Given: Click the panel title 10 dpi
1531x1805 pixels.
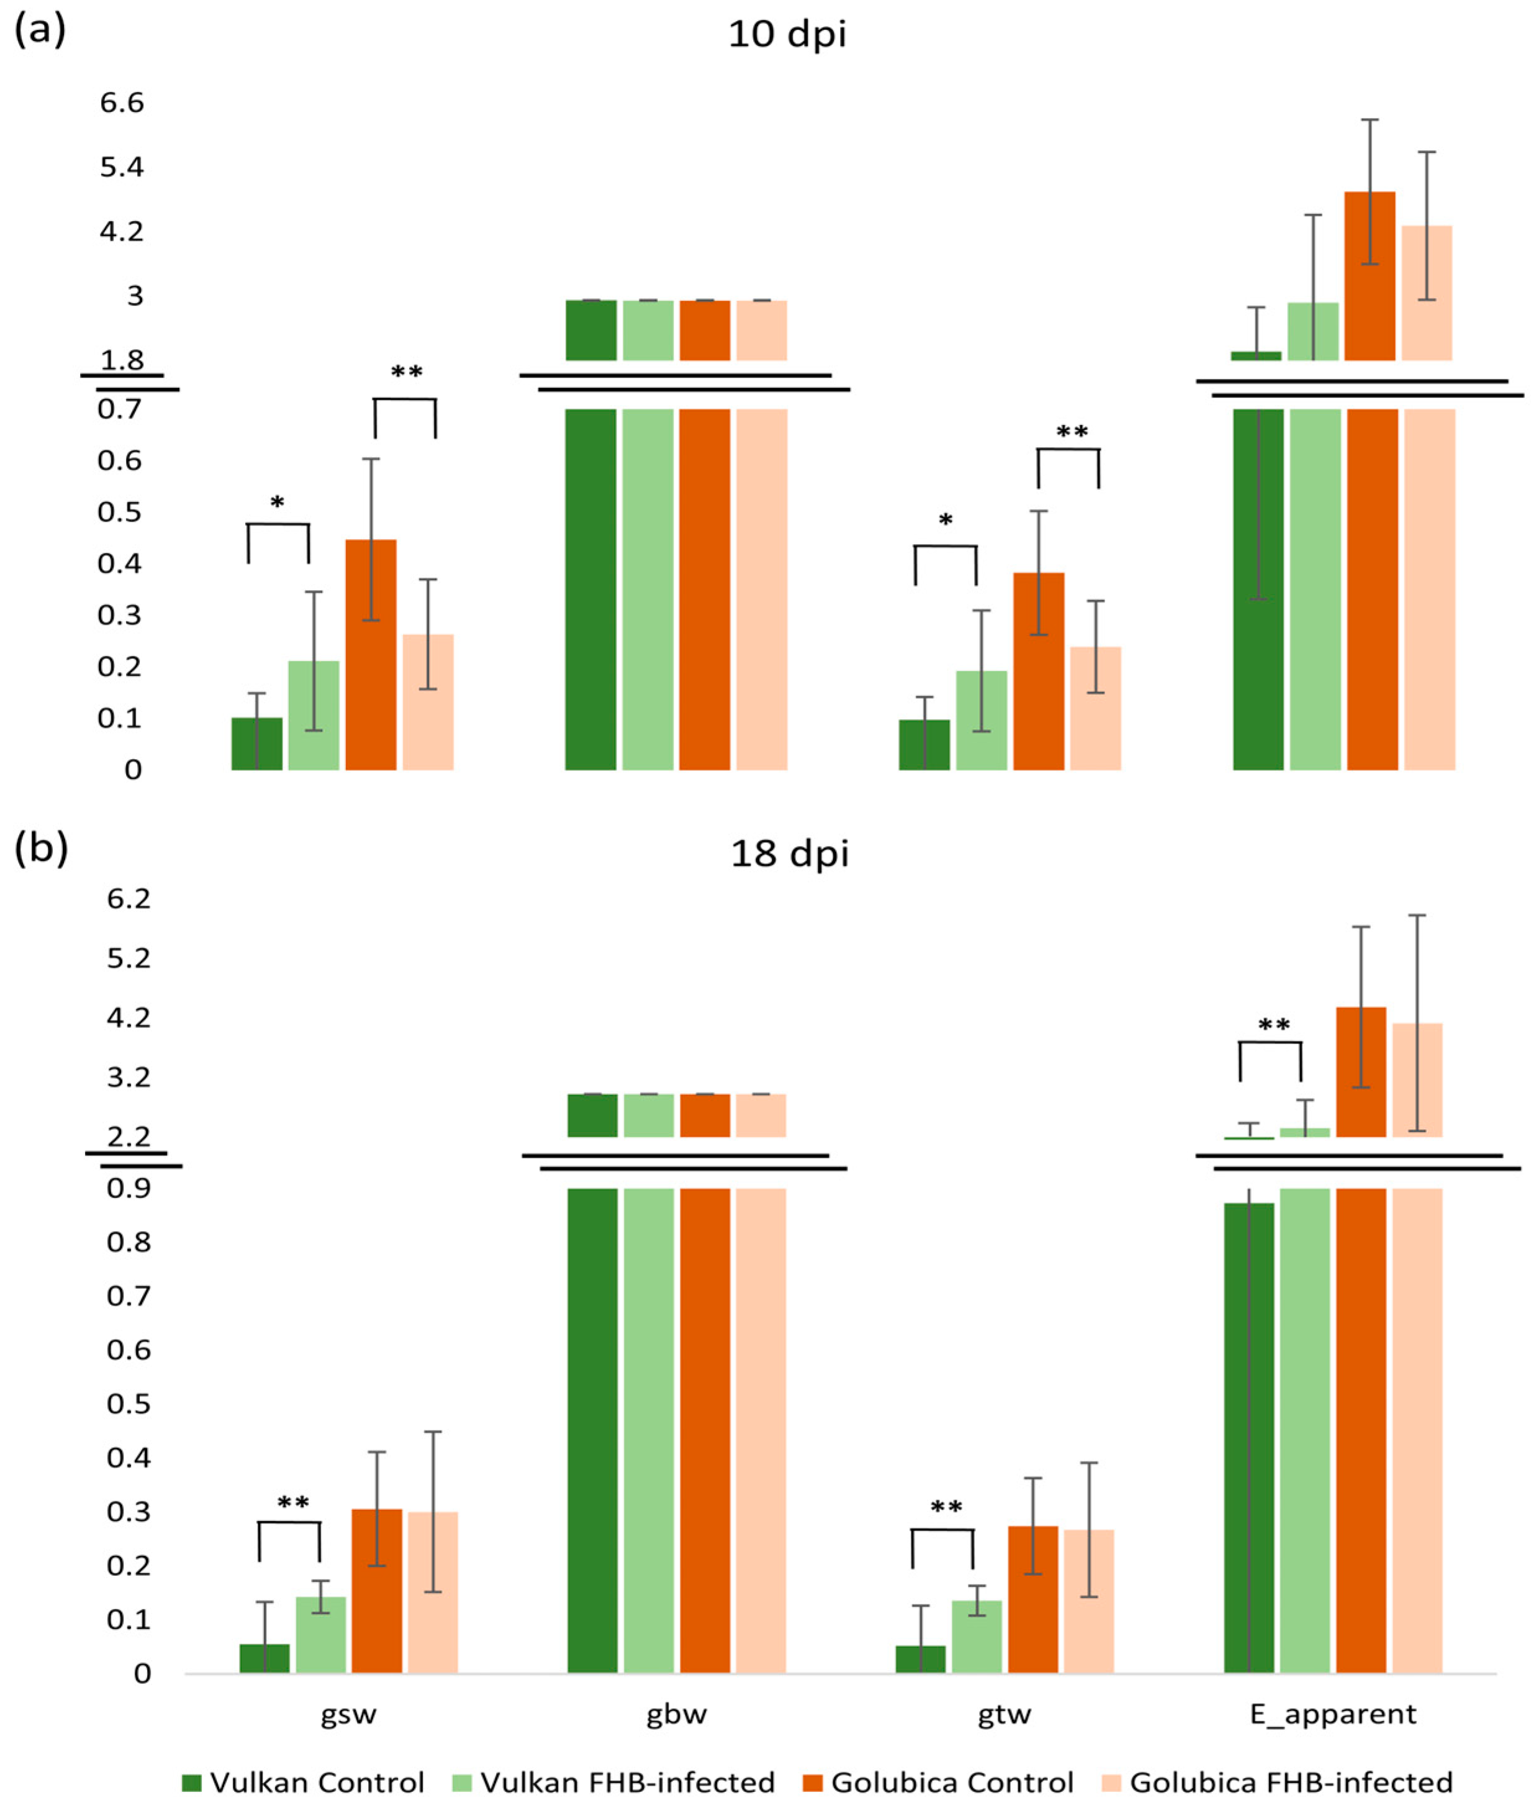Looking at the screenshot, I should coord(787,35).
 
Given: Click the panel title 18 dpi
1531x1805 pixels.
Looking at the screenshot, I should coord(789,854).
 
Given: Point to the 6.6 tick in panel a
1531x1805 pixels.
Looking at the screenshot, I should coord(122,103).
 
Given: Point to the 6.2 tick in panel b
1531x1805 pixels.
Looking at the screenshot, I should coord(129,899).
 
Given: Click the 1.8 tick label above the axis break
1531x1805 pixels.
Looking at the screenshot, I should coord(122,360).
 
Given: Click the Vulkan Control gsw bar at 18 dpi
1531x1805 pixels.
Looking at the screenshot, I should coord(264,1659).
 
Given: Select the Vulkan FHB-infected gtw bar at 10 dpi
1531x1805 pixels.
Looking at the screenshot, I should coord(981,721).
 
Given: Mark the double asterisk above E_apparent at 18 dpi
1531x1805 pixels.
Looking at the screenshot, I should coord(1273,1025).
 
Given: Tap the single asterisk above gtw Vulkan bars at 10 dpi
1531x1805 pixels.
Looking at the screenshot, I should coord(945,521).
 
